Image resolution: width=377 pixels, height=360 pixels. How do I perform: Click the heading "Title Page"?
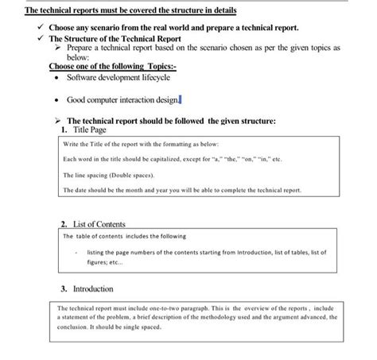click(90, 129)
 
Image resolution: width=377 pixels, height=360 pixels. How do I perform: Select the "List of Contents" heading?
click(93, 225)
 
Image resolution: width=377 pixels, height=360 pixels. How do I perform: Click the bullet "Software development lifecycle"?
click(119, 78)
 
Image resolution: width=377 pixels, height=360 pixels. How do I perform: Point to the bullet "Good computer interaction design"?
click(123, 99)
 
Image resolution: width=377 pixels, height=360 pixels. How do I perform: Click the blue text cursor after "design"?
click(182, 99)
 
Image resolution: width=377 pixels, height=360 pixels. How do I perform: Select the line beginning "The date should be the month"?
click(181, 191)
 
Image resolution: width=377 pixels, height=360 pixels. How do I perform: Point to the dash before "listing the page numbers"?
click(75, 251)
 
